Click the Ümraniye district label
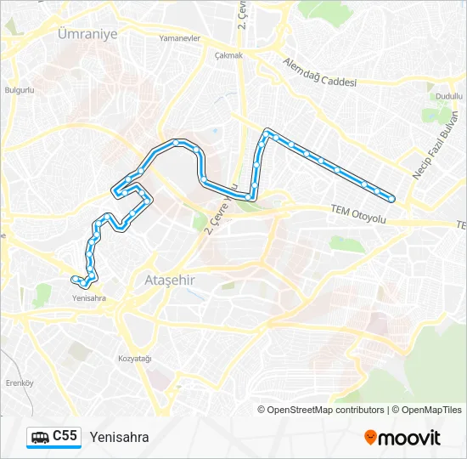coord(87,33)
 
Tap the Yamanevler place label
coord(180,38)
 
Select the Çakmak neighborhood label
coord(229,55)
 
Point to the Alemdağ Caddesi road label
coord(319,71)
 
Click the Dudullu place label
coord(442,97)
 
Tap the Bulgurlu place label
coord(19,89)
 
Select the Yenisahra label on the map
coord(89,298)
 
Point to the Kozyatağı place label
coord(134,359)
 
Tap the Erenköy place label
coord(19,382)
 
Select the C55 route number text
coord(65,437)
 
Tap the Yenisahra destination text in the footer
coord(119,438)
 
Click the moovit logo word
coord(411,438)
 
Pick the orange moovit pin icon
coord(371,438)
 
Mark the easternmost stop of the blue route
coord(391,197)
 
